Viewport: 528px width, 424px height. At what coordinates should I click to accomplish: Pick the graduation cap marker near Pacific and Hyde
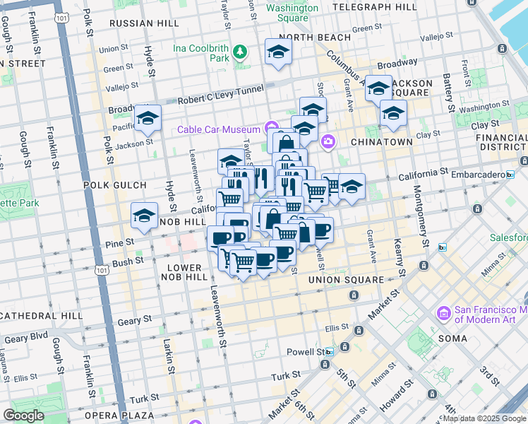148,118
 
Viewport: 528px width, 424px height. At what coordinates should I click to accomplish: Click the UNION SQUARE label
345,280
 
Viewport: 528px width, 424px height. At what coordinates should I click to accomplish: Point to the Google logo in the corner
23,415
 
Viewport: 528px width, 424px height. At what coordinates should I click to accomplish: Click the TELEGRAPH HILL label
374,7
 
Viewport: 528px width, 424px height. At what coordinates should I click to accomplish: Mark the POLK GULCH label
114,185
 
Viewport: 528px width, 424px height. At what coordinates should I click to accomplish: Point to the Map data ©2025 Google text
484,418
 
